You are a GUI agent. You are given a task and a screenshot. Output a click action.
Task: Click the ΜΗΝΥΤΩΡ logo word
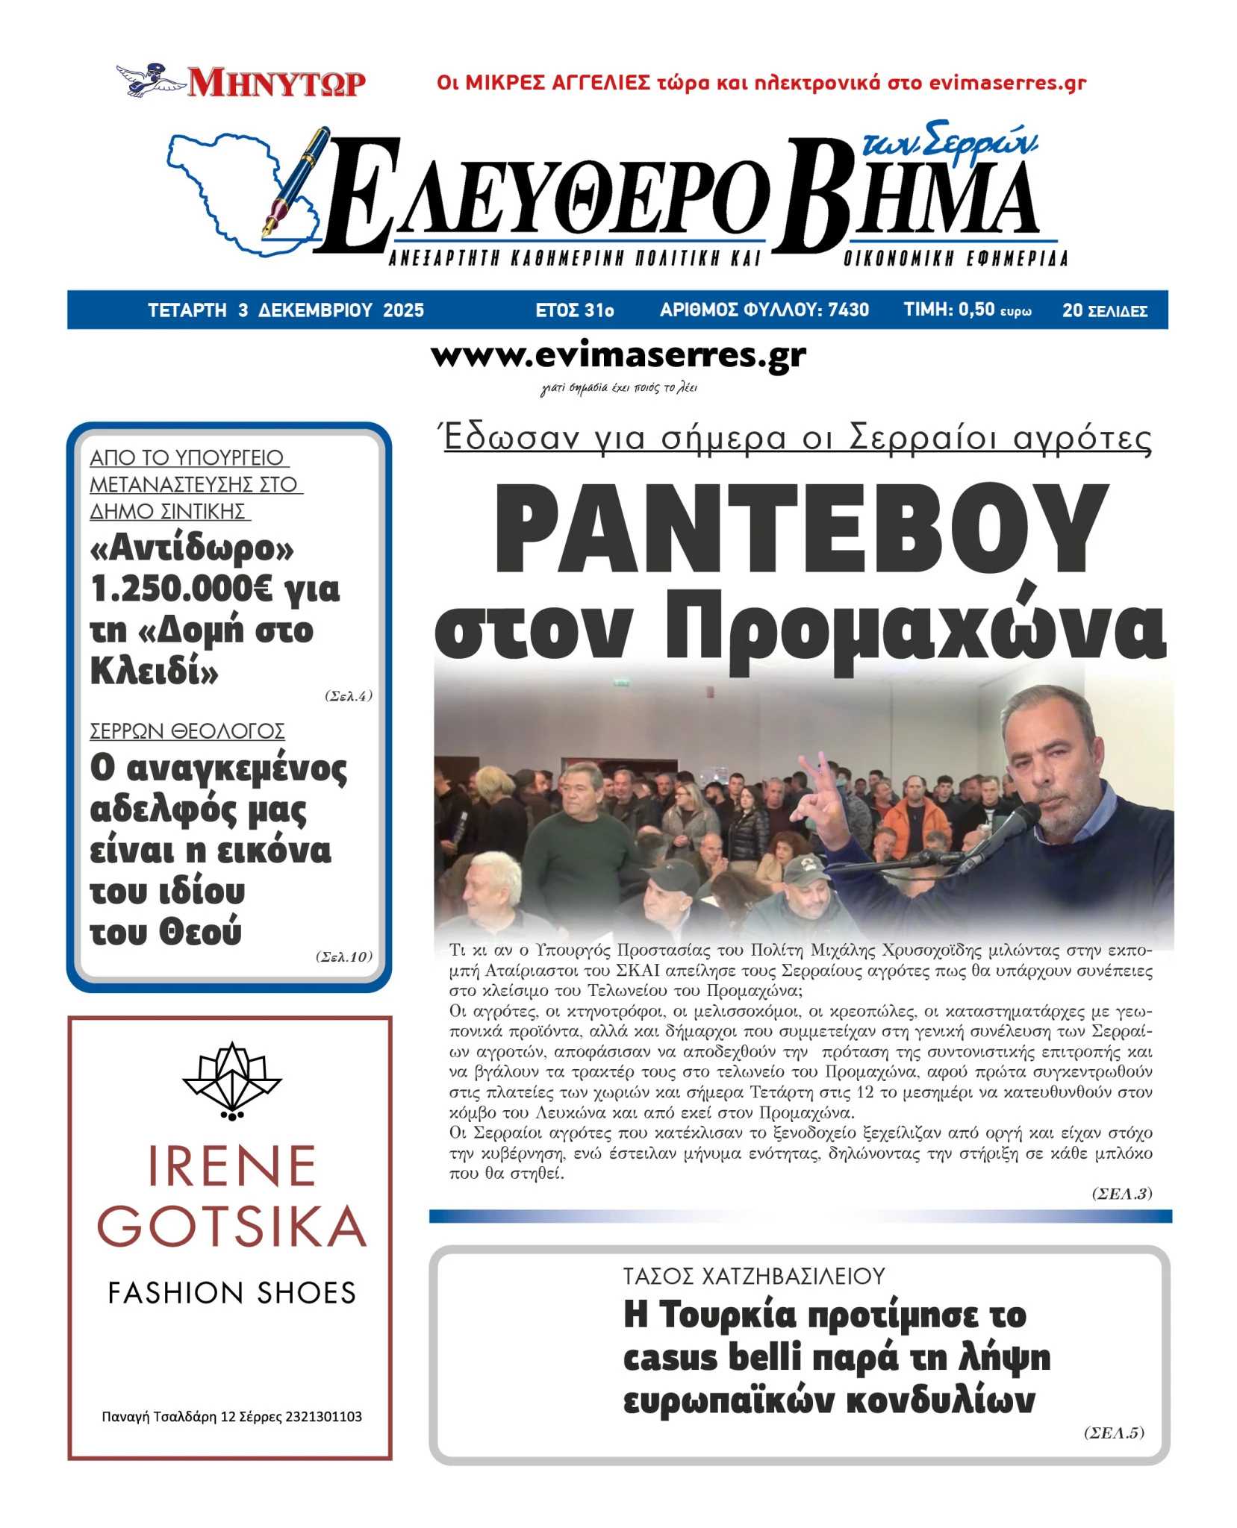[276, 83]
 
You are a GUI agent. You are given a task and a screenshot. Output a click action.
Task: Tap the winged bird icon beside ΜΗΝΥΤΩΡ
[150, 79]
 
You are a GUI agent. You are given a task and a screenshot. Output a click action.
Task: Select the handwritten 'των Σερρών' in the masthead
[949, 142]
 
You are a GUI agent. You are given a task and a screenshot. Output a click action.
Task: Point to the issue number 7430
[849, 310]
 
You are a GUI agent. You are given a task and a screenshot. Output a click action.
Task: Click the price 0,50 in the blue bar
[976, 310]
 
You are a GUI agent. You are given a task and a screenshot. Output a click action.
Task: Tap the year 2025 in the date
[403, 310]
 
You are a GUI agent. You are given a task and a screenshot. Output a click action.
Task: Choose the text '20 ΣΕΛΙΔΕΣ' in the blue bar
[1104, 310]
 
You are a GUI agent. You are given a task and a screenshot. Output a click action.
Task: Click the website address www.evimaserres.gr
[618, 356]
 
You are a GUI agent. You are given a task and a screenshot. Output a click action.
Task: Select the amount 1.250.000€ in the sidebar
[181, 589]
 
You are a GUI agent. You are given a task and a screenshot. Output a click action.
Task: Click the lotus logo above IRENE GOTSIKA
[232, 1081]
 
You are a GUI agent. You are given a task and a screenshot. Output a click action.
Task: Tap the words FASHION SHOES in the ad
[231, 1293]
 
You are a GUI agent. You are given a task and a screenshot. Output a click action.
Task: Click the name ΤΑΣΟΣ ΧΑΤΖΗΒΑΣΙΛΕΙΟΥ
[754, 1276]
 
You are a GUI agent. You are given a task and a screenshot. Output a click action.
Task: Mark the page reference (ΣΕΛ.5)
[1113, 1432]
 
